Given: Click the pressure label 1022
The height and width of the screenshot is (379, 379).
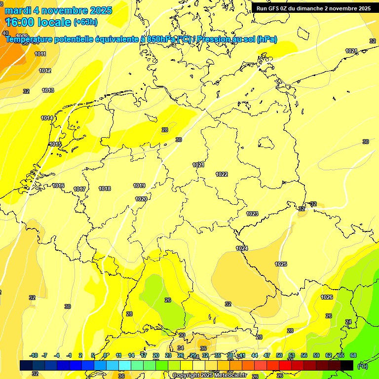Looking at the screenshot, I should click(x=222, y=174).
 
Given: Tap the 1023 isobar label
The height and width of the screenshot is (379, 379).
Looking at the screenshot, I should click(x=252, y=214).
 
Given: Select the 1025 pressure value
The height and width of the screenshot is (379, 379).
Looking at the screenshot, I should click(x=281, y=264).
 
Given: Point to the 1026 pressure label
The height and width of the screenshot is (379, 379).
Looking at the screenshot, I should click(x=327, y=297).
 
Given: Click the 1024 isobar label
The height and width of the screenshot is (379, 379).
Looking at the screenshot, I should click(x=242, y=248).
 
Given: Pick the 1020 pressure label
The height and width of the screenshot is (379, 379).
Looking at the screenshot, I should click(x=141, y=199).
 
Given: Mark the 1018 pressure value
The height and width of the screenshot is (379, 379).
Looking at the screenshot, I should click(x=105, y=189).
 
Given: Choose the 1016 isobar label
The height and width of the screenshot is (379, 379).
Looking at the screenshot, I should click(x=58, y=186).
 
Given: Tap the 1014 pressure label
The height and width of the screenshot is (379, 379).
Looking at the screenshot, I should click(x=47, y=118).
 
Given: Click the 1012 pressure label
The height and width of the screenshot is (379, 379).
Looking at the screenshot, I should click(x=45, y=71).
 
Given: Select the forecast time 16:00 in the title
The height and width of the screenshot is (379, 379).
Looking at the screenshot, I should click(x=22, y=22).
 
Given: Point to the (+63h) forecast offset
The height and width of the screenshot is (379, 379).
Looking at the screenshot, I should click(x=85, y=22).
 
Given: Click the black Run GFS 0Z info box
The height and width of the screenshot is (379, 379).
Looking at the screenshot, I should click(x=313, y=8).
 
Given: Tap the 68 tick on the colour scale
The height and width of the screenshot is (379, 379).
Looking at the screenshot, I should click(x=353, y=355).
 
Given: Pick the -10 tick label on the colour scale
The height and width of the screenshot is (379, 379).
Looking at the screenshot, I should click(x=34, y=355).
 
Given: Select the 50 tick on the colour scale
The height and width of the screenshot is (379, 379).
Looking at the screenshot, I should click(x=279, y=355).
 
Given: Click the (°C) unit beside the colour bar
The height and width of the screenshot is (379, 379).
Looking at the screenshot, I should click(x=362, y=366).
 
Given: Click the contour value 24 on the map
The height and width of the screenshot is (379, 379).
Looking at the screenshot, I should click(x=348, y=322).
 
